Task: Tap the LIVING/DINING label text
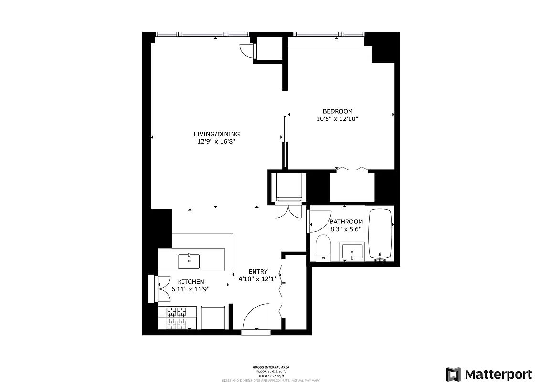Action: pos(216,134)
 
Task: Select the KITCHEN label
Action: pos(191,282)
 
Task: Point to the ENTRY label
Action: pos(258,272)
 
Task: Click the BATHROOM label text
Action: pos(346,222)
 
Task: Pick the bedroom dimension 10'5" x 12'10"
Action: pos(337,119)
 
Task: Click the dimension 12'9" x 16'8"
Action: pos(216,141)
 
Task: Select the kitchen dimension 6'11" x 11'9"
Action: pos(191,289)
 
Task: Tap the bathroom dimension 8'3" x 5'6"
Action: pos(346,229)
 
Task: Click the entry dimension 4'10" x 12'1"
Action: pos(257,279)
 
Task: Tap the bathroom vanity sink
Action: pos(351,252)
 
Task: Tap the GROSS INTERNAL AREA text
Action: pos(271,367)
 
